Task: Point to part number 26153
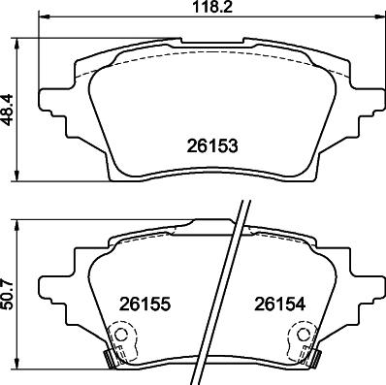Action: (x=211, y=145)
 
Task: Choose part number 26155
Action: (x=145, y=304)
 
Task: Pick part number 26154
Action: (x=280, y=304)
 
